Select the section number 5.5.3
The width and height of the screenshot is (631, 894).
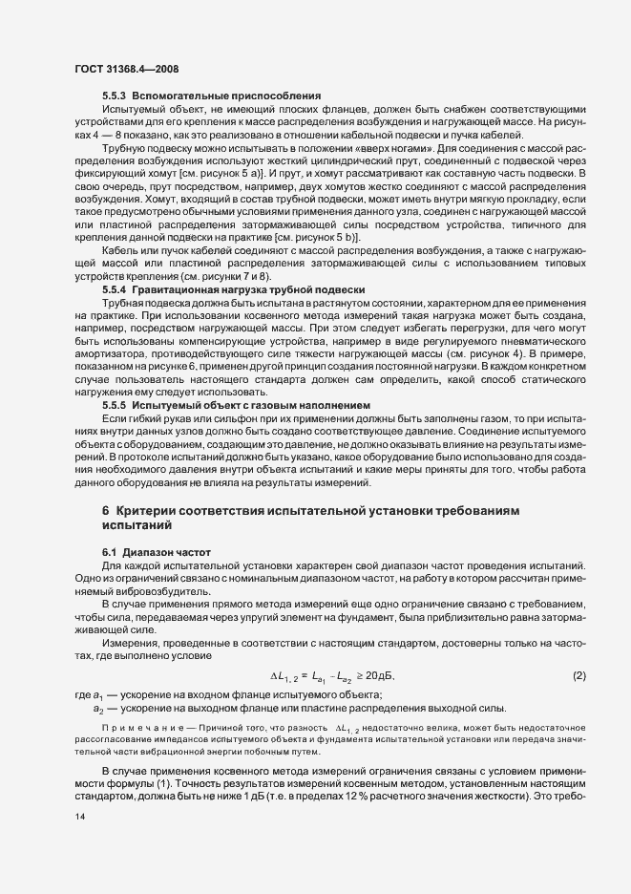116,97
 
